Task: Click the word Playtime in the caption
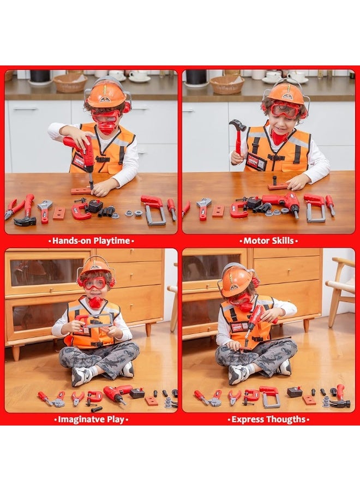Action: [111, 241]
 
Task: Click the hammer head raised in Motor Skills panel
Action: [237, 126]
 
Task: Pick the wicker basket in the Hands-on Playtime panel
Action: [69, 82]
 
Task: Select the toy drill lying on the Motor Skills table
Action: [281, 202]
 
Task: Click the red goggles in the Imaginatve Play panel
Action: [95, 283]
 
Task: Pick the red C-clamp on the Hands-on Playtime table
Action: [81, 211]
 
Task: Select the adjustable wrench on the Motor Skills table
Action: [203, 207]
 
